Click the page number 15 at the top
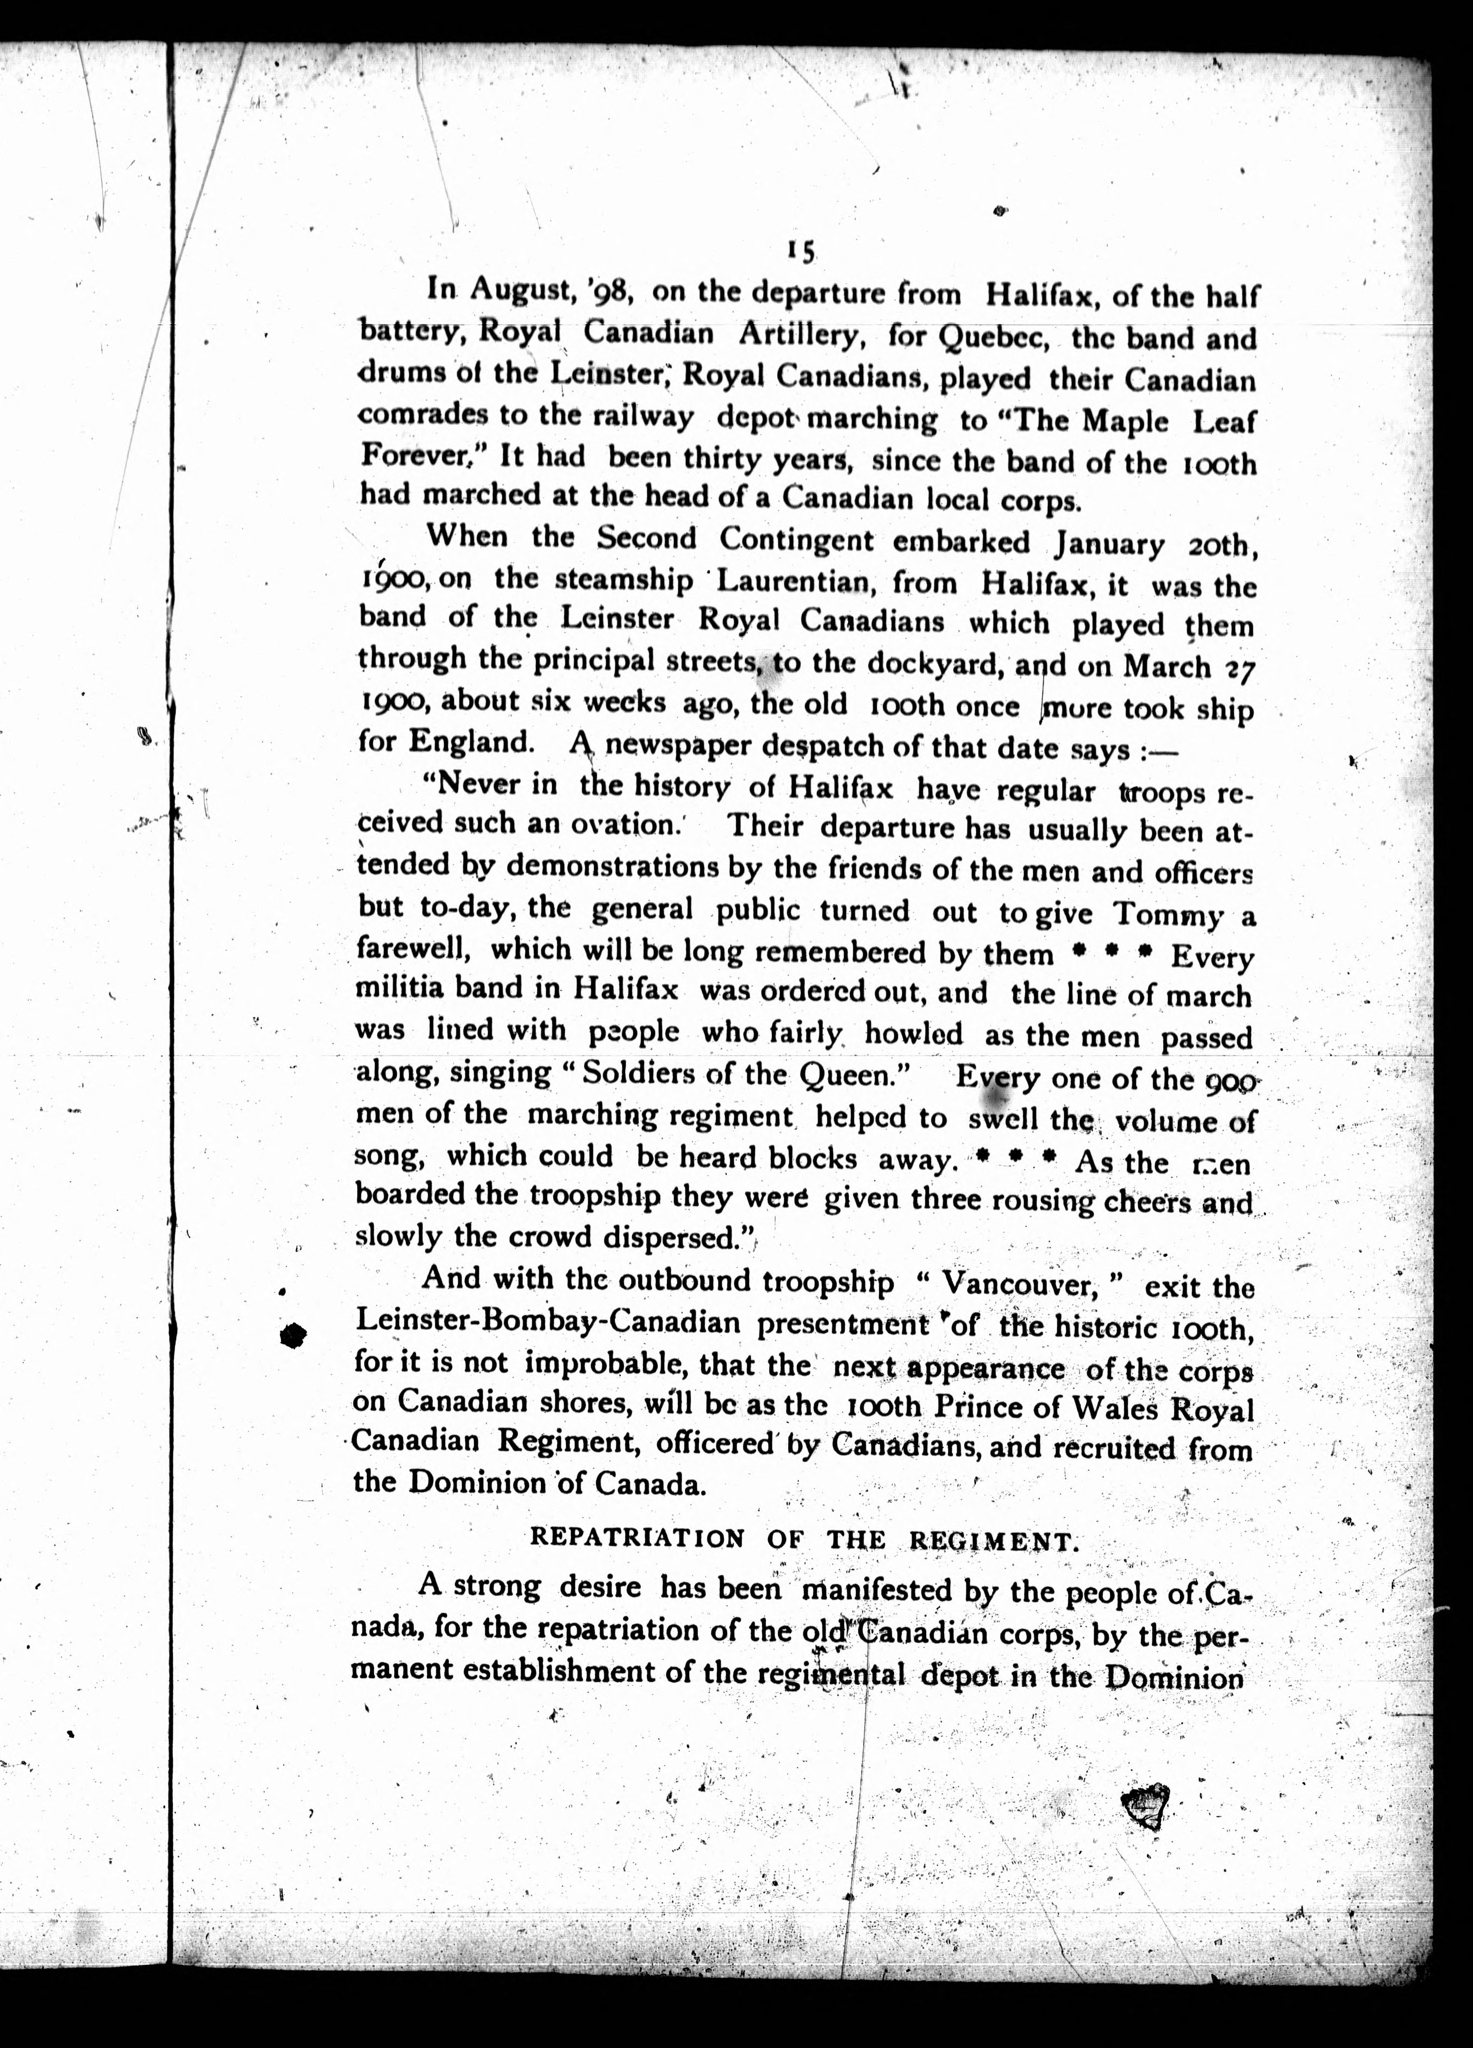pos(800,252)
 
